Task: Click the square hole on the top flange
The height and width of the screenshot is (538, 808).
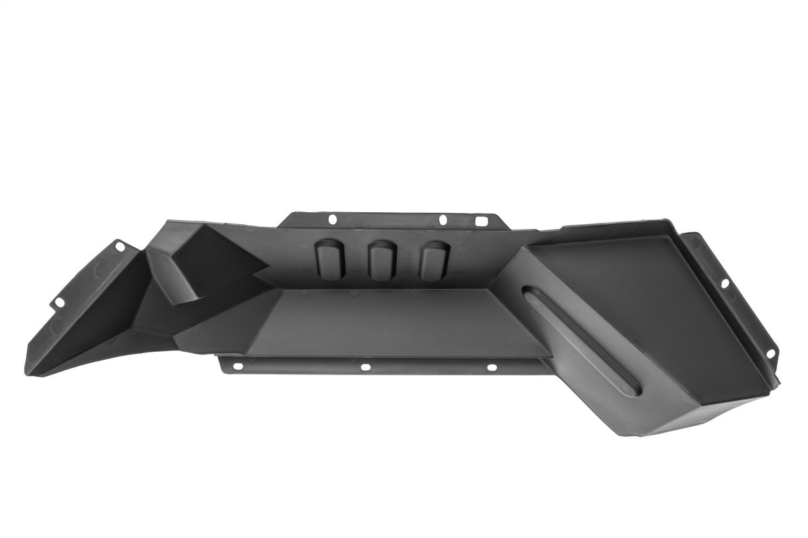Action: pyautogui.click(x=481, y=220)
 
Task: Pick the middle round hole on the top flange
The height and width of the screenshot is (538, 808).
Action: pyautogui.click(x=443, y=219)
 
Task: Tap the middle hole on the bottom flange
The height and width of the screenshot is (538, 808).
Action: pyautogui.click(x=365, y=366)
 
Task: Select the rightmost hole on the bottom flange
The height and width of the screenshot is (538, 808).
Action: pyautogui.click(x=492, y=367)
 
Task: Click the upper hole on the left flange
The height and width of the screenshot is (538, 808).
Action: pyautogui.click(x=120, y=247)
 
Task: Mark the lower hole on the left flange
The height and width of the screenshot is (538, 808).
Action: pyautogui.click(x=59, y=303)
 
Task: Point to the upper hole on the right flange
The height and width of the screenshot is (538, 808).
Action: pyautogui.click(x=725, y=283)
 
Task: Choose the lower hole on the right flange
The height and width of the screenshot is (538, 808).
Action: pyautogui.click(x=771, y=352)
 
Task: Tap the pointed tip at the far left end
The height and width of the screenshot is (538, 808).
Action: pyautogui.click(x=28, y=369)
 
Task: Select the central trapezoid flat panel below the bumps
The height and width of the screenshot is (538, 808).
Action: pyautogui.click(x=393, y=319)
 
